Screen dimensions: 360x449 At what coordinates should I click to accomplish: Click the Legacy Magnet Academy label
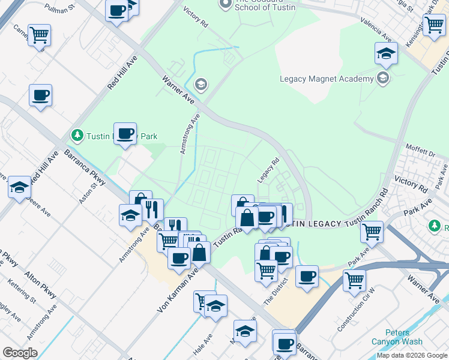[327, 79]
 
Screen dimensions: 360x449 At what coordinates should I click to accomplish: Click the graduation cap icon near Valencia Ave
[386, 53]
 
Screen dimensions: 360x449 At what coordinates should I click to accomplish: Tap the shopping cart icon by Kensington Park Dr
[433, 25]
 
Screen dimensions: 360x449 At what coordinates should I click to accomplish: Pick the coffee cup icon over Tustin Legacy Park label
[125, 133]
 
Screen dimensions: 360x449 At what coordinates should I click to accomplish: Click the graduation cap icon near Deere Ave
[19, 187]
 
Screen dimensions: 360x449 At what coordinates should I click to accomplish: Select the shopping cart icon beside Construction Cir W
[354, 279]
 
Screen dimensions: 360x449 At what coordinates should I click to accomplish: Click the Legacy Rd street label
[268, 170]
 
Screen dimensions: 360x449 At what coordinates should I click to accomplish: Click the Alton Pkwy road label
[41, 285]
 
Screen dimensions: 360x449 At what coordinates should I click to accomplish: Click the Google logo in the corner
[20, 353]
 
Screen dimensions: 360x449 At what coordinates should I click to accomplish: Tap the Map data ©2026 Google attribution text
[412, 355]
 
